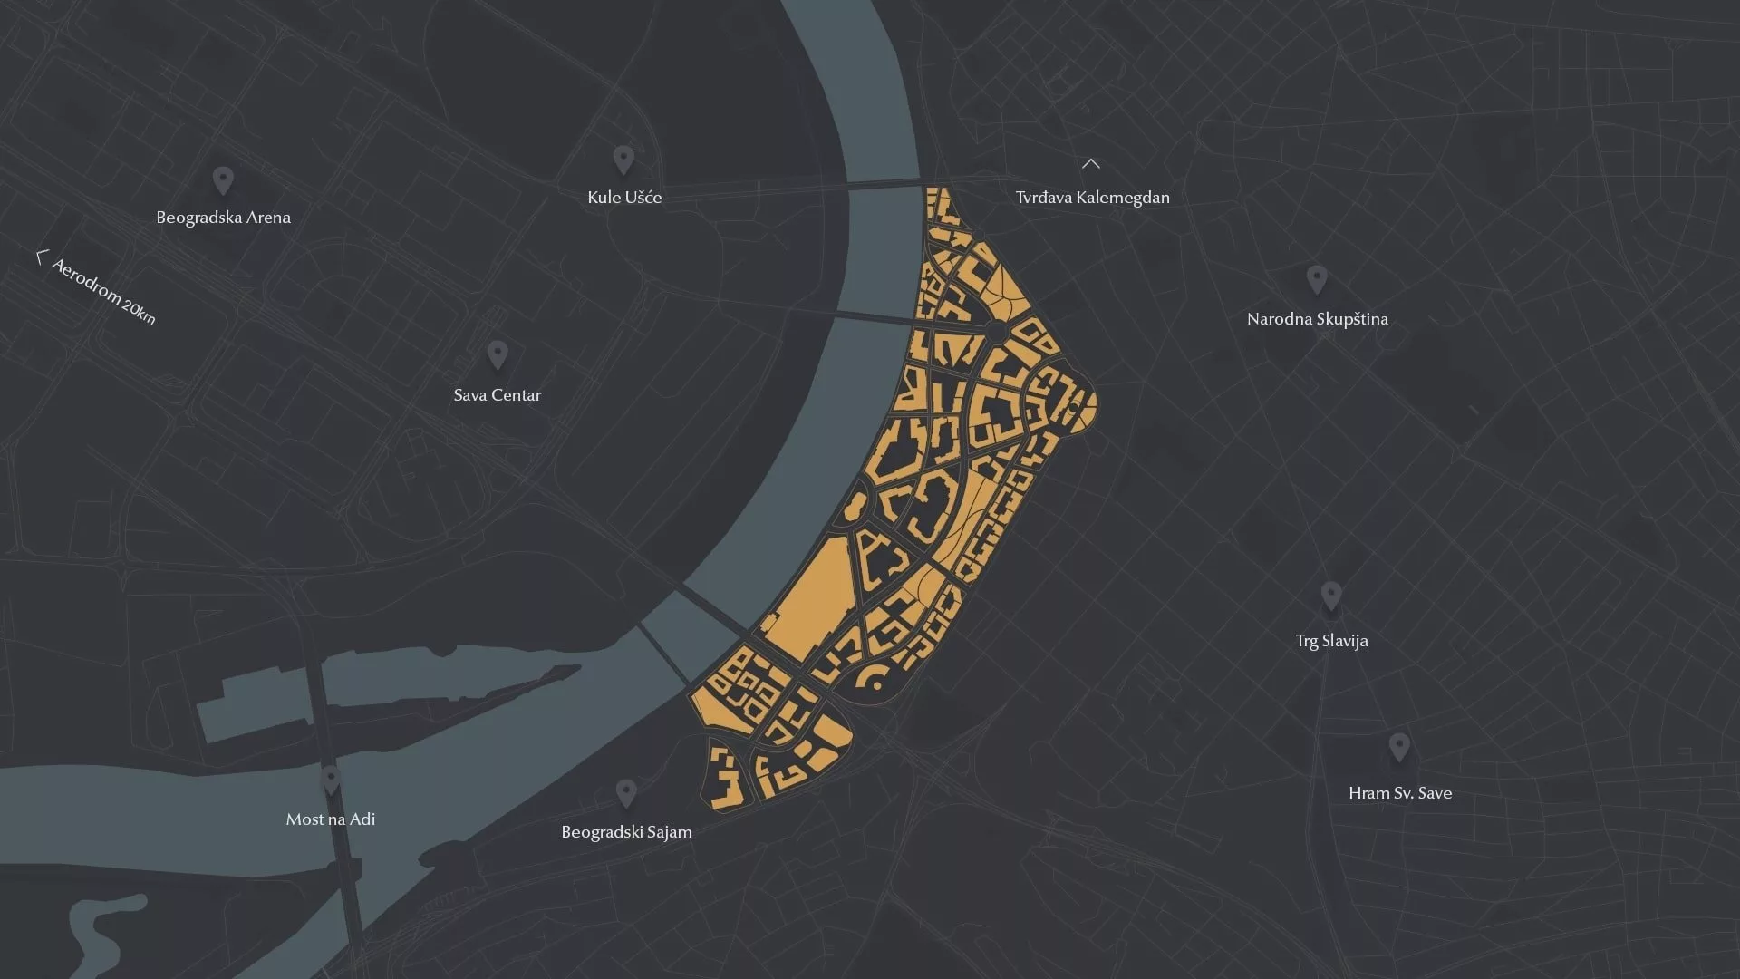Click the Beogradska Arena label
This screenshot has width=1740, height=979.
pyautogui.click(x=223, y=218)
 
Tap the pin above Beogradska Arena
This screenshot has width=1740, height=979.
pyautogui.click(x=223, y=179)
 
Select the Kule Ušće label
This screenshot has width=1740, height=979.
pyautogui.click(x=624, y=198)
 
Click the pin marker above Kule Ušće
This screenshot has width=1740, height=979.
pyautogui.click(x=623, y=159)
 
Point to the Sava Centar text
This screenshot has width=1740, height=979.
pyautogui.click(x=497, y=395)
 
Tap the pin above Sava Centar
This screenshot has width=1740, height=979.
pyautogui.click(x=497, y=354)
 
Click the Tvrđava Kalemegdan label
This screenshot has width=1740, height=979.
pyautogui.click(x=1092, y=198)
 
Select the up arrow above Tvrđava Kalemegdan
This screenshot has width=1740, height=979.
pyautogui.click(x=1091, y=164)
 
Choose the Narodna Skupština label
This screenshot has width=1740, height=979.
pyautogui.click(x=1317, y=319)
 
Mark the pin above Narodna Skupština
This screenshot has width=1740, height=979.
pyautogui.click(x=1317, y=278)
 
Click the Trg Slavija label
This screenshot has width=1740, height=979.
pyautogui.click(x=1331, y=641)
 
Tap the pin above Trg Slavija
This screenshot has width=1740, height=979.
pyautogui.click(x=1330, y=596)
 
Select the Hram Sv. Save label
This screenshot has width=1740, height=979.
pyautogui.click(x=1399, y=793)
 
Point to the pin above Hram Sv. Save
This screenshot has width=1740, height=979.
pyautogui.click(x=1399, y=747)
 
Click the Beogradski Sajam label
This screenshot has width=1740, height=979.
pyautogui.click(x=626, y=832)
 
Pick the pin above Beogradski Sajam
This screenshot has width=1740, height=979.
pyautogui.click(x=625, y=793)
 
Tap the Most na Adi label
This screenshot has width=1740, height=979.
pyautogui.click(x=330, y=819)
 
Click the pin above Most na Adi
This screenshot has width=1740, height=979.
pyautogui.click(x=331, y=779)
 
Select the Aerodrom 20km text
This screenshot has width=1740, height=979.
pyautogui.click(x=104, y=291)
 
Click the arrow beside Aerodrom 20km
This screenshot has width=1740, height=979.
pyautogui.click(x=40, y=258)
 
